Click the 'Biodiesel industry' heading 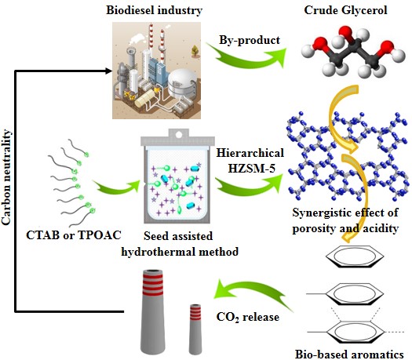155,10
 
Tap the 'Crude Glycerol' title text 345,10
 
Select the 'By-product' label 250,41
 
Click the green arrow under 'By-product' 247,58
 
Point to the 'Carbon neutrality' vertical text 6,176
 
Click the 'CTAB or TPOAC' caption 74,235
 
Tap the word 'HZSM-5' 251,169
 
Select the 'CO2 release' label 247,317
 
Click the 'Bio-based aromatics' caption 349,354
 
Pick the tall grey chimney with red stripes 154,312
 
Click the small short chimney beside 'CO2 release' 195,329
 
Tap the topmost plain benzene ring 355,256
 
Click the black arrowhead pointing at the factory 109,71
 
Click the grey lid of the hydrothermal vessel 178,137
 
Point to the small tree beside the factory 195,51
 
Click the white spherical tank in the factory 182,83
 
